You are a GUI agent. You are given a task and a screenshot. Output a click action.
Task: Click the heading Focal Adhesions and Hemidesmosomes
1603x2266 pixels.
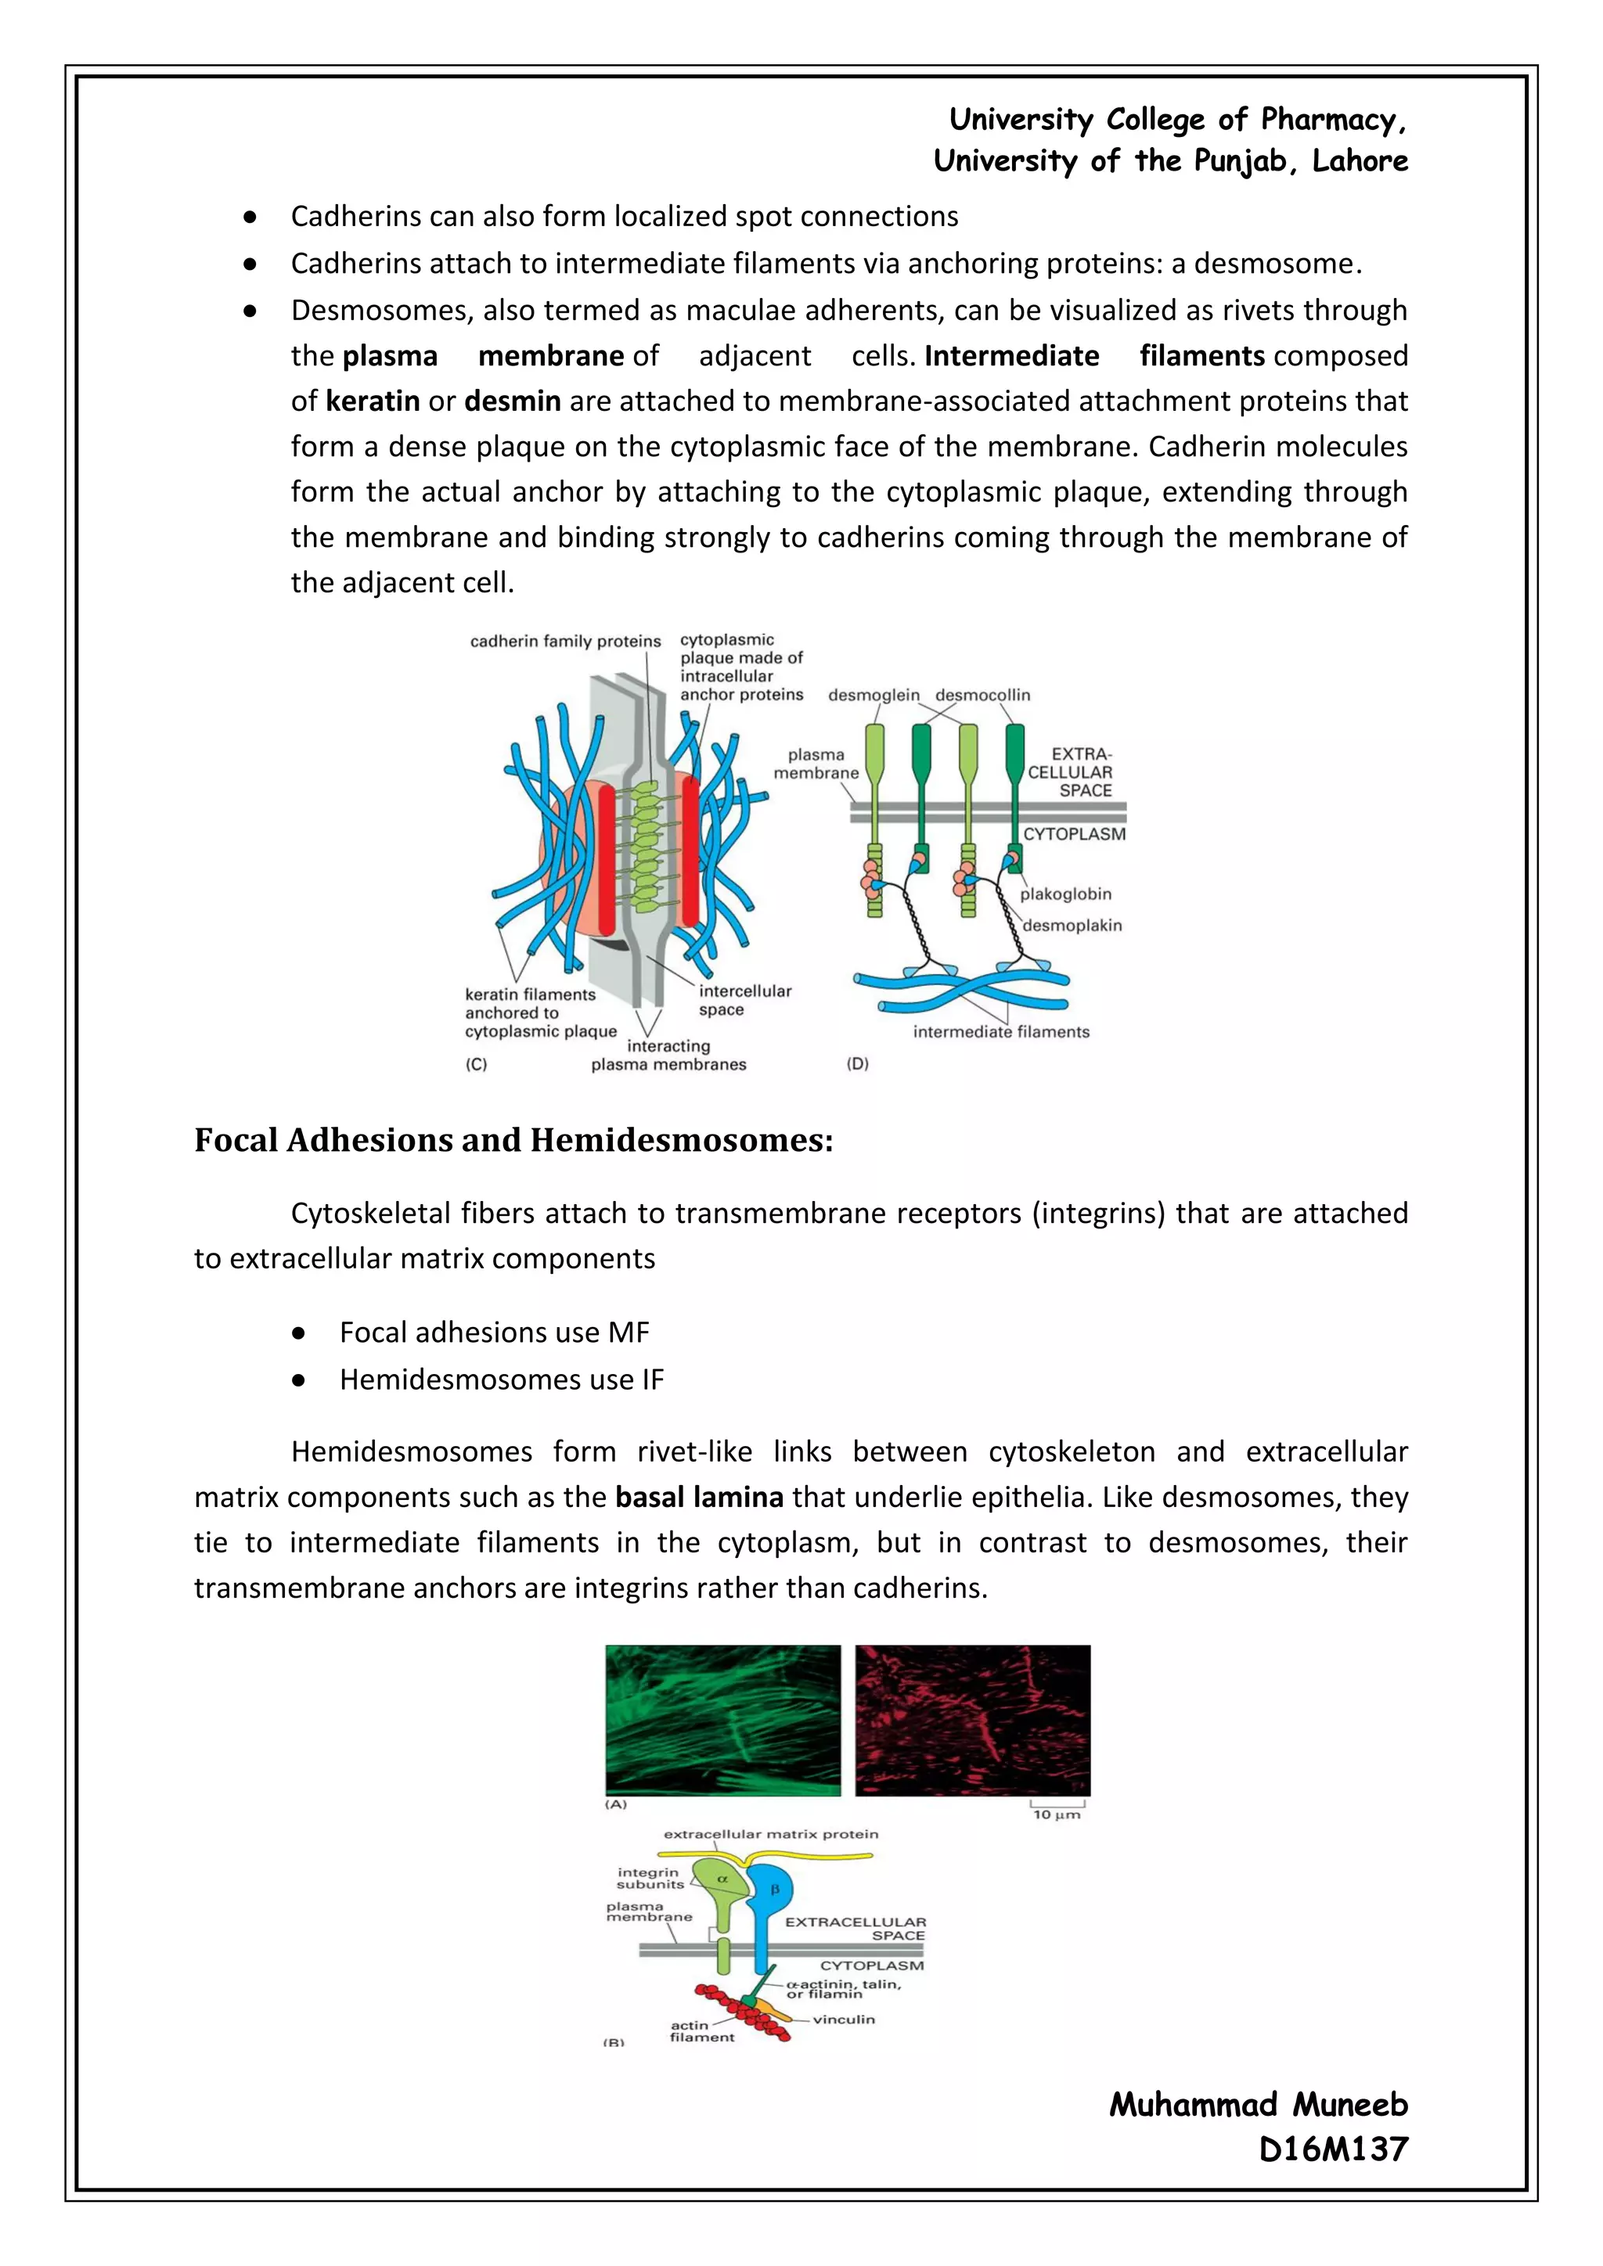click(x=513, y=1141)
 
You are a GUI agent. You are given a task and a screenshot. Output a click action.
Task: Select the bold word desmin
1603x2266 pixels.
click(x=513, y=401)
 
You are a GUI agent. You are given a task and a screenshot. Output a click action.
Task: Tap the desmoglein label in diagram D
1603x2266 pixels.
click(x=873, y=696)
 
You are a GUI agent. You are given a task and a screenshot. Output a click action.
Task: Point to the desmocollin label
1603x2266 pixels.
click(x=982, y=696)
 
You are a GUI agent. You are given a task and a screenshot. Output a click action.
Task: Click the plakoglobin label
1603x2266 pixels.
click(x=1065, y=894)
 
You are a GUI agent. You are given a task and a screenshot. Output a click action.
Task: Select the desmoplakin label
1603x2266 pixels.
click(x=1072, y=926)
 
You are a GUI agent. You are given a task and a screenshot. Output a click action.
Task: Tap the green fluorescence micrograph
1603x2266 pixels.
click(x=722, y=1719)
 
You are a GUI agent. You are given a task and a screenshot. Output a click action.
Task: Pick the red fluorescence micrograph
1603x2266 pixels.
click(x=972, y=1719)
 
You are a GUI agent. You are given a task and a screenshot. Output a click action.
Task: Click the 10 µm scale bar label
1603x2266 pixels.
click(x=1056, y=1814)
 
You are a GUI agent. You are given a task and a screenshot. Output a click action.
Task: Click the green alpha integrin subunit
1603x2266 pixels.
click(x=722, y=1890)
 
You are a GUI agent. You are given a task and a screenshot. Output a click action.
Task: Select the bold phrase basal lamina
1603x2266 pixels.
click(x=699, y=1497)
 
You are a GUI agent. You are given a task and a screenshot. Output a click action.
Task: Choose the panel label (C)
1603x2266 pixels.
click(x=477, y=1065)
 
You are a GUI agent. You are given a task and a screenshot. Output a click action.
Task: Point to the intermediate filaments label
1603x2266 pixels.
click(x=1001, y=1032)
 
